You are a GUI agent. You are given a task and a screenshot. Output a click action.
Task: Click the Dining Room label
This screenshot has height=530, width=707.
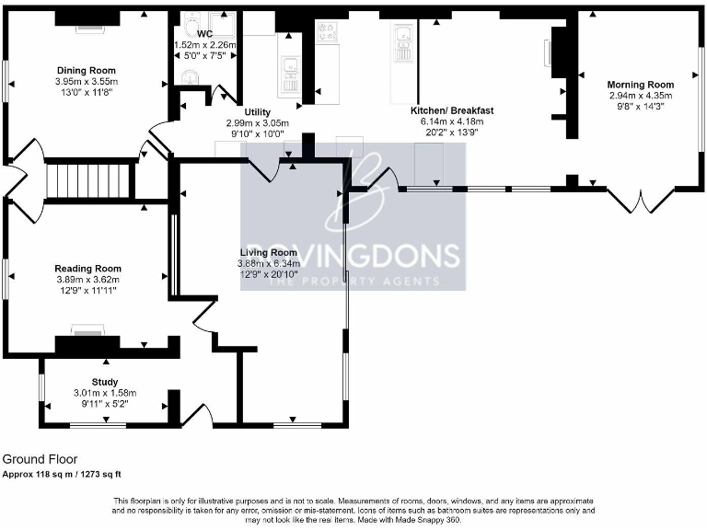pyautogui.click(x=87, y=71)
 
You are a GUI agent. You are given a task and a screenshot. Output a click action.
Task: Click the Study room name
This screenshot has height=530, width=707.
pyautogui.click(x=104, y=382)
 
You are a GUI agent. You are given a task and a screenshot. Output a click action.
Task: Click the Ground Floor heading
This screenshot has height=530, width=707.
pyautogui.click(x=40, y=459)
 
